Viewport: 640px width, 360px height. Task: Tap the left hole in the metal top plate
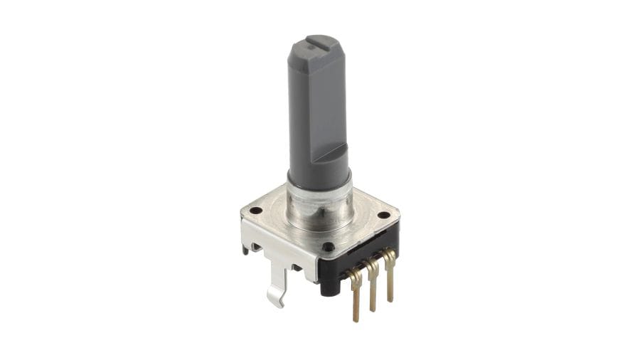tap(255, 211)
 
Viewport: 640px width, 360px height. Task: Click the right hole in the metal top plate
tap(384, 214)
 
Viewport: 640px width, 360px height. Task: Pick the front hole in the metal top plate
tap(328, 247)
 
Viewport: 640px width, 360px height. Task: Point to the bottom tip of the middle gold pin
tap(373, 309)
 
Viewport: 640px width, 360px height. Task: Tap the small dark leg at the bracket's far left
tap(245, 249)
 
